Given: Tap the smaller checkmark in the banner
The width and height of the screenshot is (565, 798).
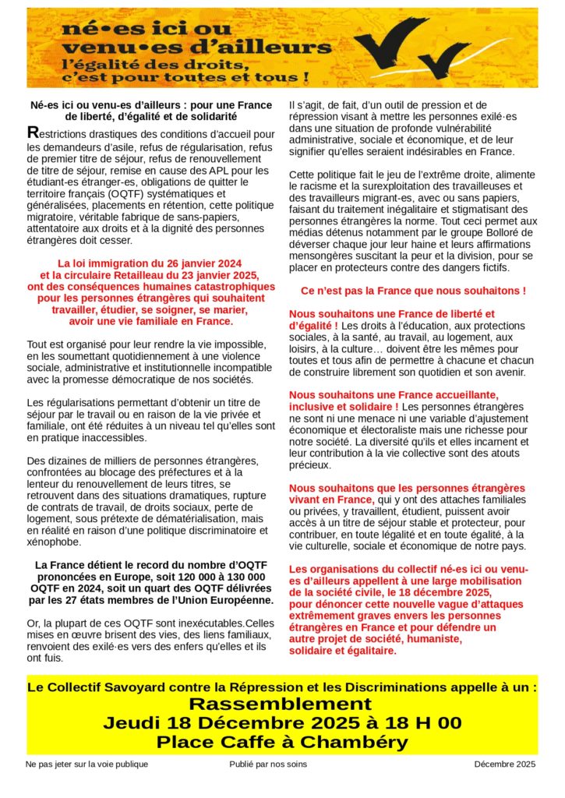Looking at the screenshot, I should coord(445,61).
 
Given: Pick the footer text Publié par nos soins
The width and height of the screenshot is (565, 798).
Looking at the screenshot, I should coord(268,764).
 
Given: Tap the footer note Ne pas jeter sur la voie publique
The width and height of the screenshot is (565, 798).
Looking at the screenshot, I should coord(87,764).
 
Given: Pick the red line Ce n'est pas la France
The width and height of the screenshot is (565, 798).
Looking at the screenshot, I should coord(413,291).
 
